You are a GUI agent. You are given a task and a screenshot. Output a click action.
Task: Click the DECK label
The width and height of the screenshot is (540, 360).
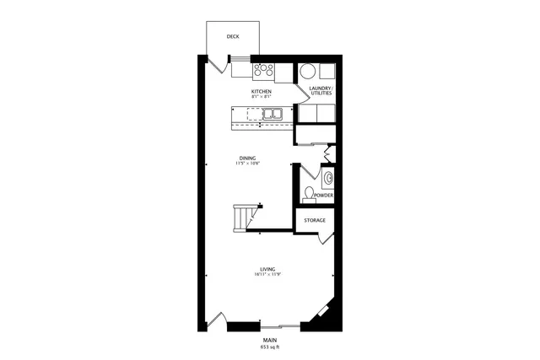click(x=234, y=36)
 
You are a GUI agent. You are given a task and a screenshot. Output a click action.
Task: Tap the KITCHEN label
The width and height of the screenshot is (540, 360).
click(x=262, y=90)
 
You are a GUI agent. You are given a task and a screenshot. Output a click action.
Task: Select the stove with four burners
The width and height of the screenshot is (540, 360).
click(x=265, y=70)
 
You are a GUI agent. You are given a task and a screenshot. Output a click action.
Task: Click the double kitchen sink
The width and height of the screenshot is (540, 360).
click(x=271, y=113)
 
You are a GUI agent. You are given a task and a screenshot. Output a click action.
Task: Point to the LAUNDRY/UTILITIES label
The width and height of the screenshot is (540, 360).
click(x=321, y=90)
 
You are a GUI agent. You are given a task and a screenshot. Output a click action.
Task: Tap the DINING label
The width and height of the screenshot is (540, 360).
click(x=247, y=158)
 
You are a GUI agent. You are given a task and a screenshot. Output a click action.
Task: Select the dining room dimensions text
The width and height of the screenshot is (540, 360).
click(x=247, y=164)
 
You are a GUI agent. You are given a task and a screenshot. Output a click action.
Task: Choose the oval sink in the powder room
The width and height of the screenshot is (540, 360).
click(x=329, y=178)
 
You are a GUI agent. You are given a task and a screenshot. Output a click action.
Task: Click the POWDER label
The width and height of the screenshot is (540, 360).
click(x=324, y=196)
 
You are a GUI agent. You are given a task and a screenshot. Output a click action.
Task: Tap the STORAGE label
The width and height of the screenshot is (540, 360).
click(x=316, y=220)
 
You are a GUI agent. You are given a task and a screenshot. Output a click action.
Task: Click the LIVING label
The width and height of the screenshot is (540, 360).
click(x=267, y=269)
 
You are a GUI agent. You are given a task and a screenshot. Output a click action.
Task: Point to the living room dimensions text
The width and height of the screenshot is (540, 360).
click(x=267, y=275)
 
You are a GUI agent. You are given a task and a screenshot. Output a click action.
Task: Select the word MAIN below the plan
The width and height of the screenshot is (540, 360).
click(x=269, y=340)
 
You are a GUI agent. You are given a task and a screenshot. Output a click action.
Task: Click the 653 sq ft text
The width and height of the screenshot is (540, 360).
click(x=269, y=347)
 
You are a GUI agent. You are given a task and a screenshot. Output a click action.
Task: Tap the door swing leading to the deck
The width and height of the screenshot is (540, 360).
click(x=216, y=64)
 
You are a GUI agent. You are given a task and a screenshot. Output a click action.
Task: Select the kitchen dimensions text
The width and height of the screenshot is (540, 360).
click(x=262, y=96)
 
